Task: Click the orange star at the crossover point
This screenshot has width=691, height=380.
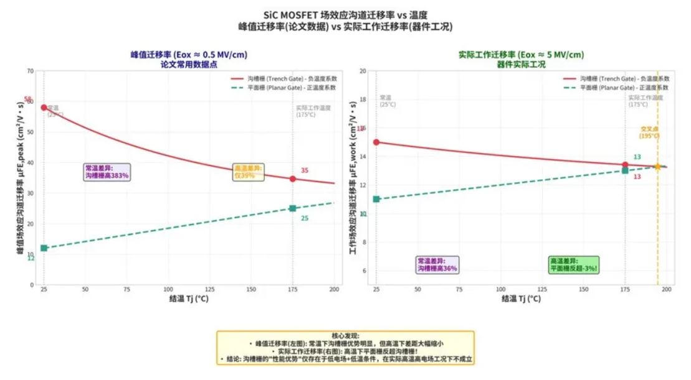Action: click(x=657, y=167)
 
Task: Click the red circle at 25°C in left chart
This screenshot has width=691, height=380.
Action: click(x=44, y=108)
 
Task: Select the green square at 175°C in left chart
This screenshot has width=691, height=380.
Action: click(x=293, y=208)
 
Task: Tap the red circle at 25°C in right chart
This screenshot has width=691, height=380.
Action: click(x=376, y=142)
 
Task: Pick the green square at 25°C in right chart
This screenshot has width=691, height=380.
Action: click(x=376, y=199)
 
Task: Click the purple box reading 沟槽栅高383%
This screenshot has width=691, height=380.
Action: click(x=107, y=172)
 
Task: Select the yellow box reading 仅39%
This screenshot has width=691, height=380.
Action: click(x=249, y=172)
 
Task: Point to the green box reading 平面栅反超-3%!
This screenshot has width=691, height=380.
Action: click(x=573, y=264)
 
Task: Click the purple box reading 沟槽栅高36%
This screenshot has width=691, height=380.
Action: click(x=437, y=264)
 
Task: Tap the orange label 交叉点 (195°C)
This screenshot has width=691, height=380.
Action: click(x=649, y=132)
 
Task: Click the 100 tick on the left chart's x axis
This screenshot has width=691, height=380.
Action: click(x=168, y=290)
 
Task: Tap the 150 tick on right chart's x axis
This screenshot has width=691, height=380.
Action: click(x=584, y=290)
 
